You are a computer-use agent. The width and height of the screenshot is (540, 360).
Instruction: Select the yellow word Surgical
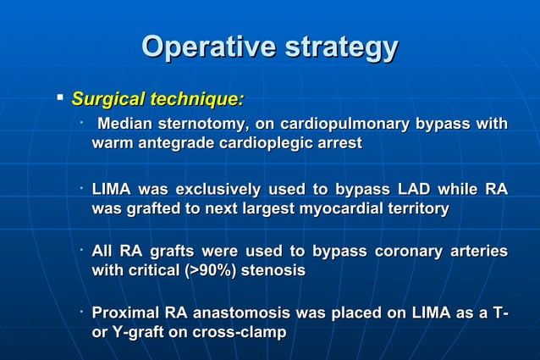coord(107,100)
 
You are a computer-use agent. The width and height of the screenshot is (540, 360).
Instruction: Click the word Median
coord(127,125)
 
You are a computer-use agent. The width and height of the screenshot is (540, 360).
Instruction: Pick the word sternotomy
coord(207,125)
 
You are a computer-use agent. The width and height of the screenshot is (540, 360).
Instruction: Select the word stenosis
coord(275,271)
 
